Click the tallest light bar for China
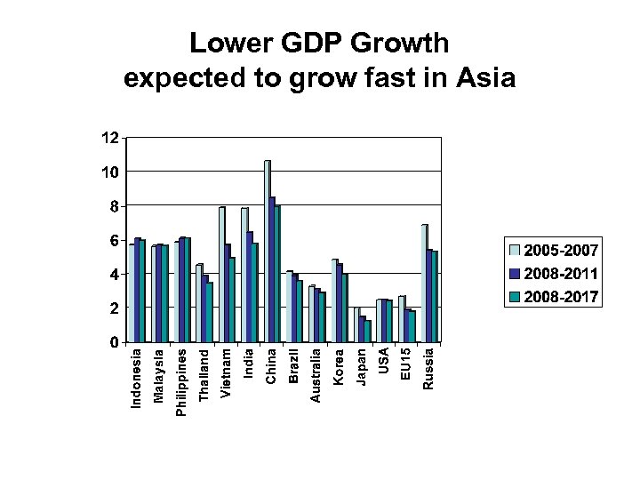[267, 252]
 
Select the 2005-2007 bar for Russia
[424, 284]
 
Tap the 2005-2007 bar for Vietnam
[222, 275]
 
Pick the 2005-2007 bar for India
[244, 275]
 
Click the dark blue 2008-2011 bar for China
[272, 270]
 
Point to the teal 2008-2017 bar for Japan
[367, 332]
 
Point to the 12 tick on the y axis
[108, 139]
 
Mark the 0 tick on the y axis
[113, 342]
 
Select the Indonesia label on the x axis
[135, 378]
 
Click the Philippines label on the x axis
[181, 382]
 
